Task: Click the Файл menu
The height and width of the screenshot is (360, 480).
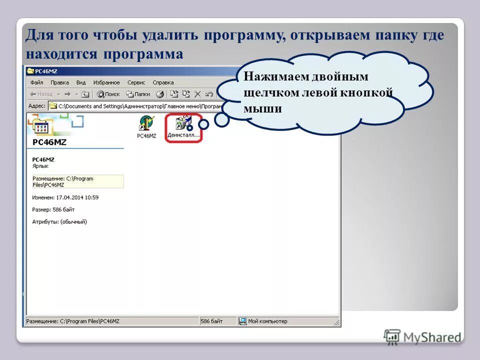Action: point(36,82)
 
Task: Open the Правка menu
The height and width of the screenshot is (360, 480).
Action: point(59,82)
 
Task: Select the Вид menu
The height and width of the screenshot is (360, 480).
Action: point(81,82)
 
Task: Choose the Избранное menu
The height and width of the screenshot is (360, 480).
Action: point(106,82)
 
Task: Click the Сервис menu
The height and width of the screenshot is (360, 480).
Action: point(136,82)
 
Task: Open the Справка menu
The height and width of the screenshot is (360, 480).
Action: point(163,82)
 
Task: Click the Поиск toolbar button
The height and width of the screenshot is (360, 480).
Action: point(108,94)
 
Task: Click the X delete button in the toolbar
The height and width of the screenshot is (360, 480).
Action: point(197,94)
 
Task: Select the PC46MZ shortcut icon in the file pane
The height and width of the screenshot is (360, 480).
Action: point(146,125)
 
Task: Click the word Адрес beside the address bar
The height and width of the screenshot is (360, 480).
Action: point(37,106)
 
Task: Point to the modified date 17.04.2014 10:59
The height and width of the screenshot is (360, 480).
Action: point(65,197)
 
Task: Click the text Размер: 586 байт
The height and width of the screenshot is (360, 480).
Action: point(53,209)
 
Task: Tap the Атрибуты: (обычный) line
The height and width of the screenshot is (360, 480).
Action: point(59,221)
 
